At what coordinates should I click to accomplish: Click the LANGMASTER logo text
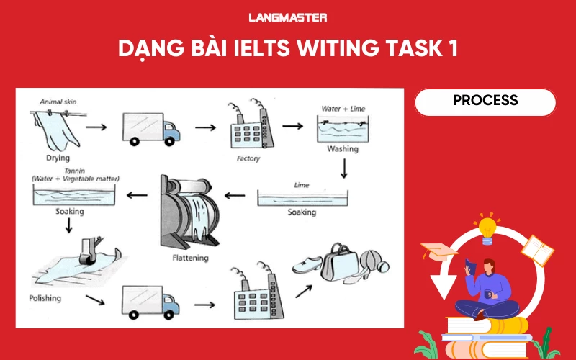click(287, 17)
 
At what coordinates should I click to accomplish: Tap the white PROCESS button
click(485, 102)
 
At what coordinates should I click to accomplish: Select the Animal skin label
click(57, 102)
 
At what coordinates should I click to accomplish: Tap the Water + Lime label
click(343, 109)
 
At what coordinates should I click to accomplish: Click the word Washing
click(343, 150)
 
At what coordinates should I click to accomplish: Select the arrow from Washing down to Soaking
click(344, 168)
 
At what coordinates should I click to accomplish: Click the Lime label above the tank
click(302, 185)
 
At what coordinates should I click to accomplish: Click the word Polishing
click(45, 297)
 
